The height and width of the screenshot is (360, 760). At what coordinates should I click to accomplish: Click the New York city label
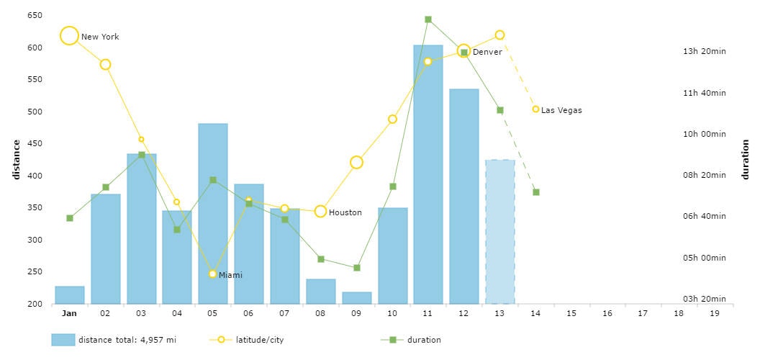click(x=100, y=37)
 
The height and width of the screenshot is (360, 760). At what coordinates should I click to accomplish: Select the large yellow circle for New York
click(x=69, y=36)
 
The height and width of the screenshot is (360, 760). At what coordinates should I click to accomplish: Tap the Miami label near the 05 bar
click(x=230, y=275)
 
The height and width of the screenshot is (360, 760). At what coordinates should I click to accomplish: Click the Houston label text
click(x=345, y=212)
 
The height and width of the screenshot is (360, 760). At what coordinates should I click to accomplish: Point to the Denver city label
click(x=487, y=52)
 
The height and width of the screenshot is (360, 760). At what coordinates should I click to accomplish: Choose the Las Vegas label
click(x=561, y=110)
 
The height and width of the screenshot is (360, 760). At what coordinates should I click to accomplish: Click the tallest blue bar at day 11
click(x=427, y=173)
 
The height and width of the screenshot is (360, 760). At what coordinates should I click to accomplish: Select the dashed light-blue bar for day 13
click(x=499, y=230)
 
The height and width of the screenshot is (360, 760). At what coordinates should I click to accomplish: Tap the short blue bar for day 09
click(x=356, y=297)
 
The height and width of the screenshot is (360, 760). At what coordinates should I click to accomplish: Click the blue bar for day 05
click(x=212, y=216)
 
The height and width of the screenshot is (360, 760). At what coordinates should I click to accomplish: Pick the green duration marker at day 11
click(x=427, y=19)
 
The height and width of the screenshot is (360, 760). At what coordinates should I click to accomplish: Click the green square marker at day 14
click(x=535, y=192)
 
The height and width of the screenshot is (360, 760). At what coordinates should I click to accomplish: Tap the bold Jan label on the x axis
click(x=69, y=313)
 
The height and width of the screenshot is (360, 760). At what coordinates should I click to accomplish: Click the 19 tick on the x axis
click(x=714, y=313)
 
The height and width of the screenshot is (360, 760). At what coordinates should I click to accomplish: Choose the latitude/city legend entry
click(x=259, y=340)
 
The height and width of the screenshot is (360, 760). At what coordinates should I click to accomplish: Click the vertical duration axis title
click(x=746, y=159)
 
